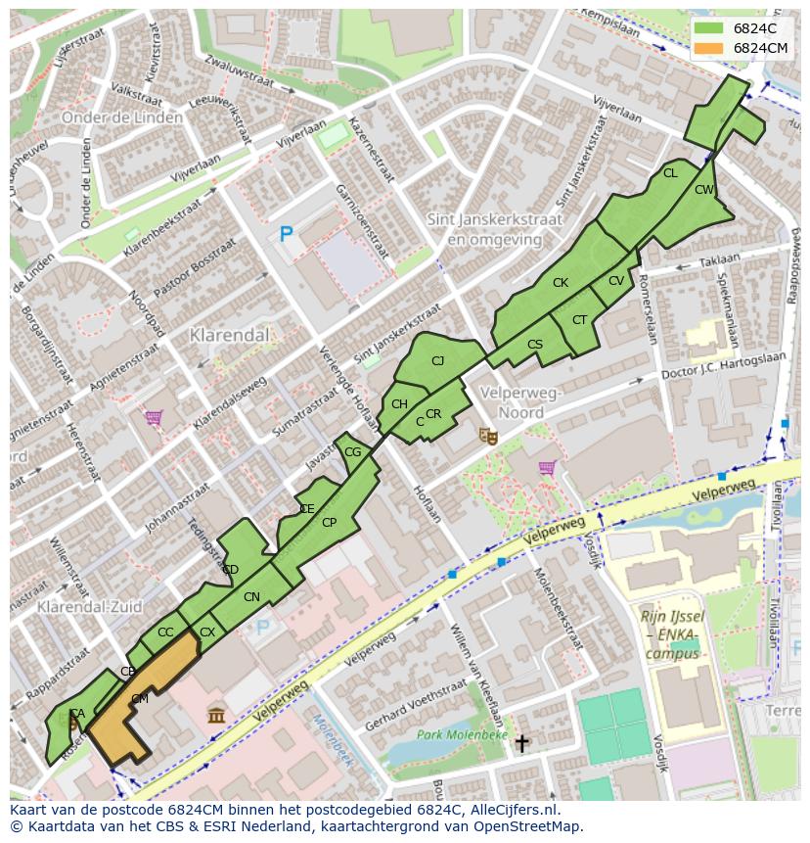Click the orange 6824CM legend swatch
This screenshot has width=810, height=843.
(x=709, y=48)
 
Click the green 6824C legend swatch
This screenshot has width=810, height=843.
(x=709, y=28)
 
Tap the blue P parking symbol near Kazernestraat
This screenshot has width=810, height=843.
(x=286, y=234)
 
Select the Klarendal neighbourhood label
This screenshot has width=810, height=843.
(x=229, y=335)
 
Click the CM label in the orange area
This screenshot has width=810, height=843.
(x=140, y=699)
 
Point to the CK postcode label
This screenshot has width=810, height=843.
(x=561, y=283)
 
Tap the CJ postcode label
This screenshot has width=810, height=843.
(x=438, y=361)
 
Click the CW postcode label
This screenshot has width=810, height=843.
(x=704, y=190)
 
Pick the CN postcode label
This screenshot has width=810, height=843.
(x=251, y=597)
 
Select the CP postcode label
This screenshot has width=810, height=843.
(x=329, y=523)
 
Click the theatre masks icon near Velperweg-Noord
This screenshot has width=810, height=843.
(x=486, y=435)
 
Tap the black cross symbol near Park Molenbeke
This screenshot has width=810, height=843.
(x=521, y=744)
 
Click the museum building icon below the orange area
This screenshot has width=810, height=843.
(x=217, y=716)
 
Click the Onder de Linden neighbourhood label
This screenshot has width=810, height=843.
(x=121, y=117)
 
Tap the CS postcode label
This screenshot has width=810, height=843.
(x=535, y=345)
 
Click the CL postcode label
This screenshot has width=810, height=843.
(x=670, y=173)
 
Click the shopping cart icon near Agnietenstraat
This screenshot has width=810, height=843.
(x=154, y=418)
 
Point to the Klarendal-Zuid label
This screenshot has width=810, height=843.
(x=78, y=607)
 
